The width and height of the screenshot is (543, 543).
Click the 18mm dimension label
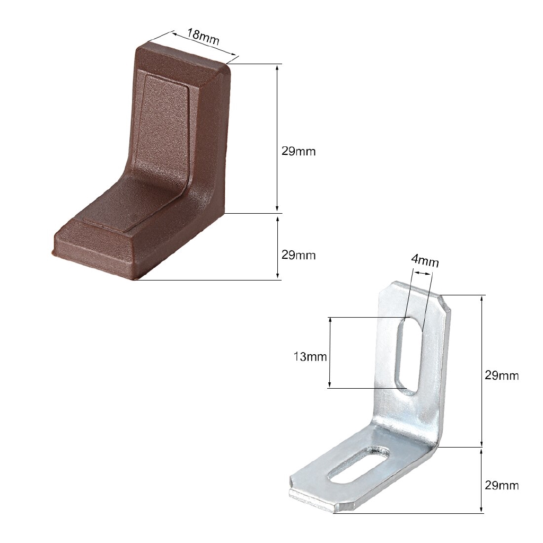click(x=203, y=37)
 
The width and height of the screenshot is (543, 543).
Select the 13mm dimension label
click(x=310, y=356)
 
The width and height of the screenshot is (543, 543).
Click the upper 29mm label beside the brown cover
click(x=298, y=151)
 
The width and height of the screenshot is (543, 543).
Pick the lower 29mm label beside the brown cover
click(x=298, y=255)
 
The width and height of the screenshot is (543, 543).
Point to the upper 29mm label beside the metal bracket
click(x=502, y=375)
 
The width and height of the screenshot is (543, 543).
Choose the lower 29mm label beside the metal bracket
click(x=502, y=485)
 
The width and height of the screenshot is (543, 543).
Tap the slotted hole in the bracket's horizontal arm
click(x=359, y=465)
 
